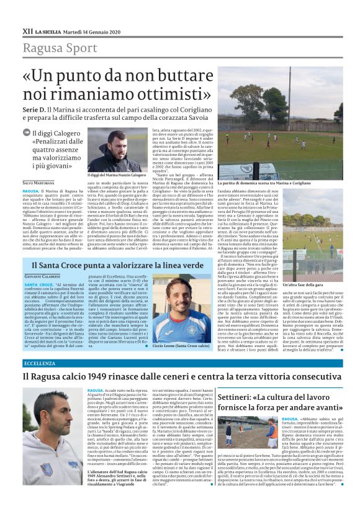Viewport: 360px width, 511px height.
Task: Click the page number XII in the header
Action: click(x=27, y=30)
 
